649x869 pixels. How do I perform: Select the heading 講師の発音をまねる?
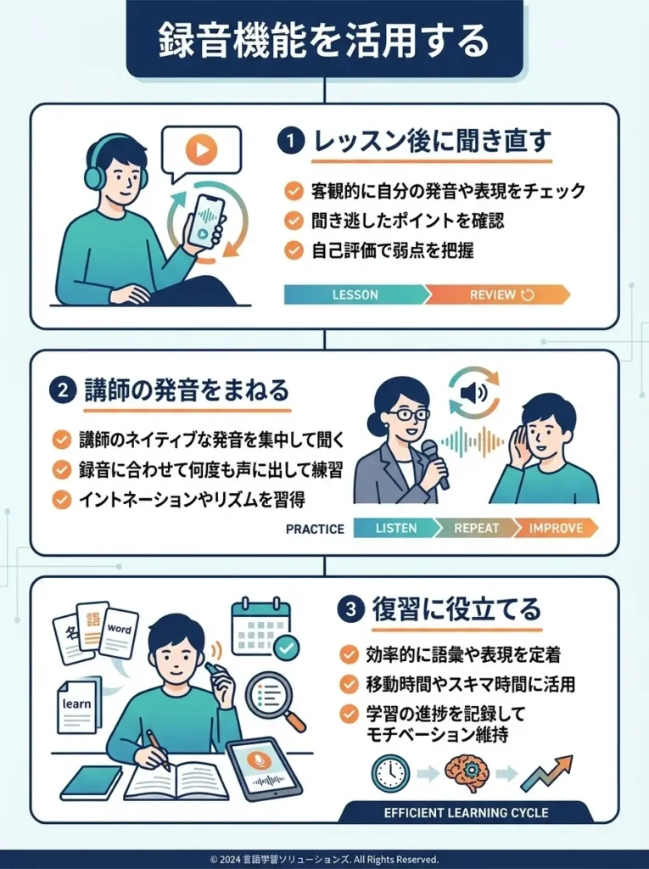click(x=187, y=390)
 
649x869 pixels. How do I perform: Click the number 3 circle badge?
click(x=351, y=608)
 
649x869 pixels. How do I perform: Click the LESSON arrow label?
click(x=355, y=294)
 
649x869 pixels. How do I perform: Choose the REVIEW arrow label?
click(x=497, y=294)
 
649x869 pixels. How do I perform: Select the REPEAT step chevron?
click(x=476, y=528)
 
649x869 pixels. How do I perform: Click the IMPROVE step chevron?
click(x=556, y=528)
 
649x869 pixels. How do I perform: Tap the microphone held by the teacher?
click(x=431, y=454)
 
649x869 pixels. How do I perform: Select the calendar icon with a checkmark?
click(x=262, y=628)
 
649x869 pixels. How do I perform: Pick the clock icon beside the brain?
click(x=390, y=773)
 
